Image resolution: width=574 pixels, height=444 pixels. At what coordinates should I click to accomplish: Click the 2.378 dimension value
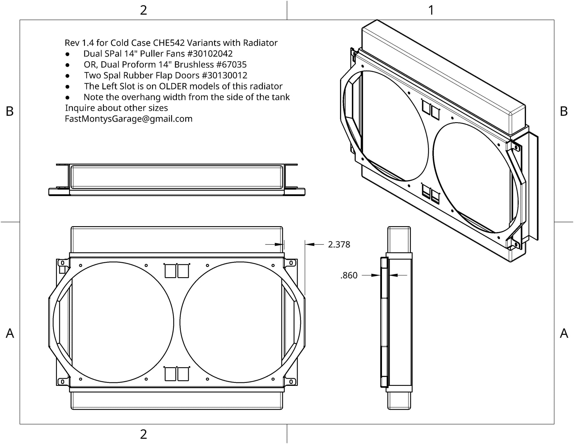[339, 244]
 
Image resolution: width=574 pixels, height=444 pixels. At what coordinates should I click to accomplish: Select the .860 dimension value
[349, 275]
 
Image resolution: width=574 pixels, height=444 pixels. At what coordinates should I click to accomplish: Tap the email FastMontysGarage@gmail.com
[129, 119]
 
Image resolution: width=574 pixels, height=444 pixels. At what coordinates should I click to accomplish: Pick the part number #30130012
[224, 75]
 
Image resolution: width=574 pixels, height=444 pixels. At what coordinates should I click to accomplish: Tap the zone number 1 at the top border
[431, 10]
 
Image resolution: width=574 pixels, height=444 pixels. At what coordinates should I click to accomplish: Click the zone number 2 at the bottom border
[143, 434]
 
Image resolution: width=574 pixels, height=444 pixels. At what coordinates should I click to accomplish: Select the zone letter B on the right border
[564, 111]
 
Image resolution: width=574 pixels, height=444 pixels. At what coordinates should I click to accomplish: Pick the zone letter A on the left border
[10, 333]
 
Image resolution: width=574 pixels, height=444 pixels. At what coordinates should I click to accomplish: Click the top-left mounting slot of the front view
[62, 263]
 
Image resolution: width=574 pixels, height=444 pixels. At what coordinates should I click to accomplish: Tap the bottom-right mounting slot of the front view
[291, 382]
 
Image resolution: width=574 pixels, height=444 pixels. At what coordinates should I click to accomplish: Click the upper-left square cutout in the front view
[170, 271]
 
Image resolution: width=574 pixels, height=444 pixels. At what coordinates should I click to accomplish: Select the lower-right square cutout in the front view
[183, 374]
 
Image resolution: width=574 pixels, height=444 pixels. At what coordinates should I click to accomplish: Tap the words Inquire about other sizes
[117, 108]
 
